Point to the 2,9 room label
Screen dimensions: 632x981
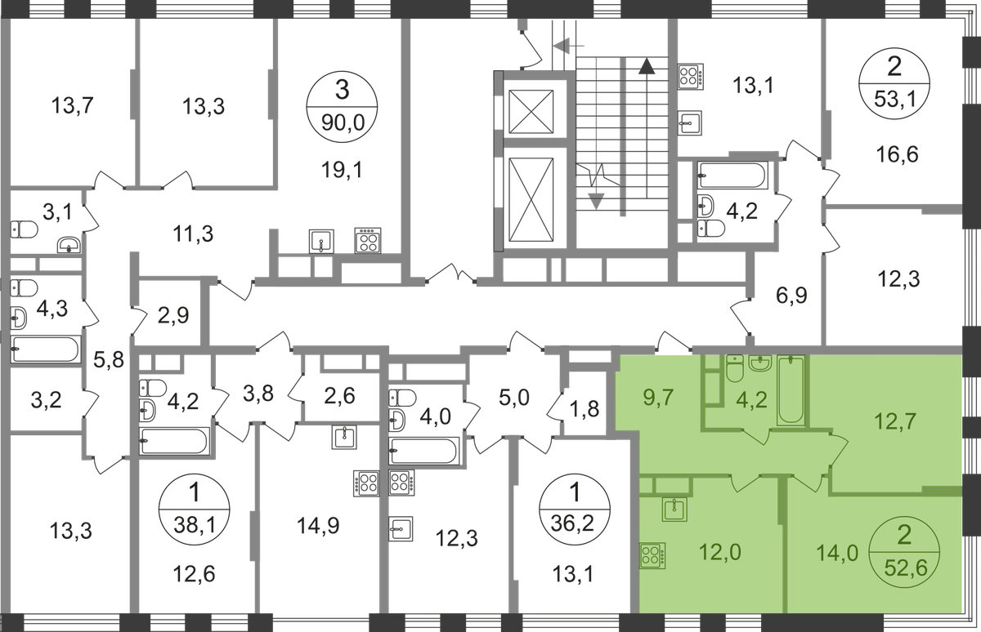coord(174,313)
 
